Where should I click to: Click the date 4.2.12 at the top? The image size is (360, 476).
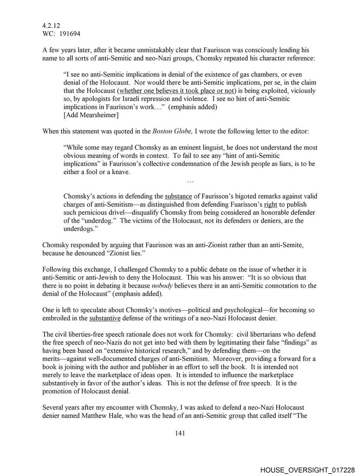[51, 25]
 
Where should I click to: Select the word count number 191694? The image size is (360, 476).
[70, 34]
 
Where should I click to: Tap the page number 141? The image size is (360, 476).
[180, 433]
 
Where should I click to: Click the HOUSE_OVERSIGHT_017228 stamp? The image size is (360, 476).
[307, 470]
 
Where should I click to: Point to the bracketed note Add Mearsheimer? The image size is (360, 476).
[91, 115]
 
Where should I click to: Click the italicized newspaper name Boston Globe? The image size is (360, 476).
[172, 131]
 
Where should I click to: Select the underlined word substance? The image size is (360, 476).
[178, 196]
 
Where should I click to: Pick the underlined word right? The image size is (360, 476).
[271, 204]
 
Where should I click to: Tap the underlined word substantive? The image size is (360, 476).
[105, 318]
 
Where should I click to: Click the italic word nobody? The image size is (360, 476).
[162, 286]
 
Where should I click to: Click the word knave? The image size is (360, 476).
[121, 172]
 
